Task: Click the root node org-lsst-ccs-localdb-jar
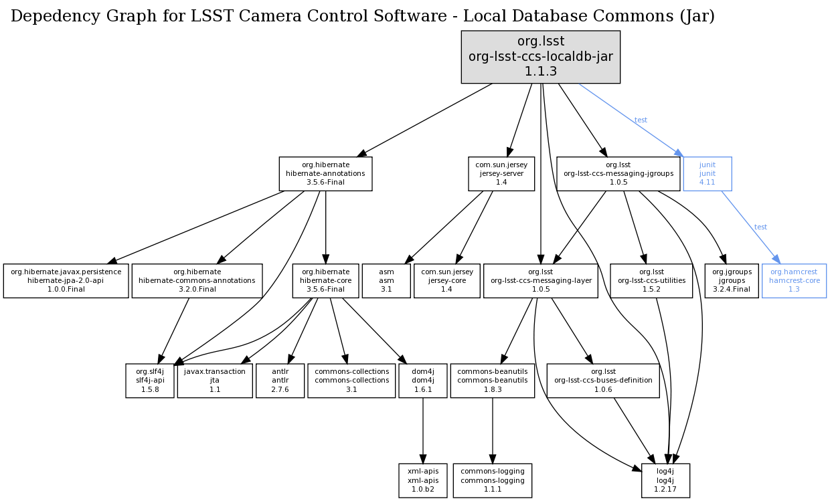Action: (x=540, y=57)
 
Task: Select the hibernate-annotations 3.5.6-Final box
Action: (x=325, y=173)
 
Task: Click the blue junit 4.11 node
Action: (x=707, y=173)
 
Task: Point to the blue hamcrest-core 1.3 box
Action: (x=794, y=280)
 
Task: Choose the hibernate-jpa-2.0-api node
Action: (x=66, y=280)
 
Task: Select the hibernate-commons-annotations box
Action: (x=197, y=280)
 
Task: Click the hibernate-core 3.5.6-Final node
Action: (x=325, y=280)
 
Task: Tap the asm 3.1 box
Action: (x=386, y=280)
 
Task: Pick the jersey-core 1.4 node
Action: (x=446, y=280)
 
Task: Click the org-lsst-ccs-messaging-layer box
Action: (x=540, y=280)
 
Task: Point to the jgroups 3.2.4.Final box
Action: (x=731, y=280)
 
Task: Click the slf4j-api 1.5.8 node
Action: (x=150, y=380)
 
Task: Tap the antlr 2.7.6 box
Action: (x=280, y=380)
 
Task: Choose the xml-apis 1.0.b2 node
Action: (x=423, y=480)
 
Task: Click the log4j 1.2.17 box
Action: (x=665, y=480)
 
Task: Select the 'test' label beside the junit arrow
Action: (x=641, y=120)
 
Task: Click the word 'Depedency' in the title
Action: (x=52, y=17)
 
